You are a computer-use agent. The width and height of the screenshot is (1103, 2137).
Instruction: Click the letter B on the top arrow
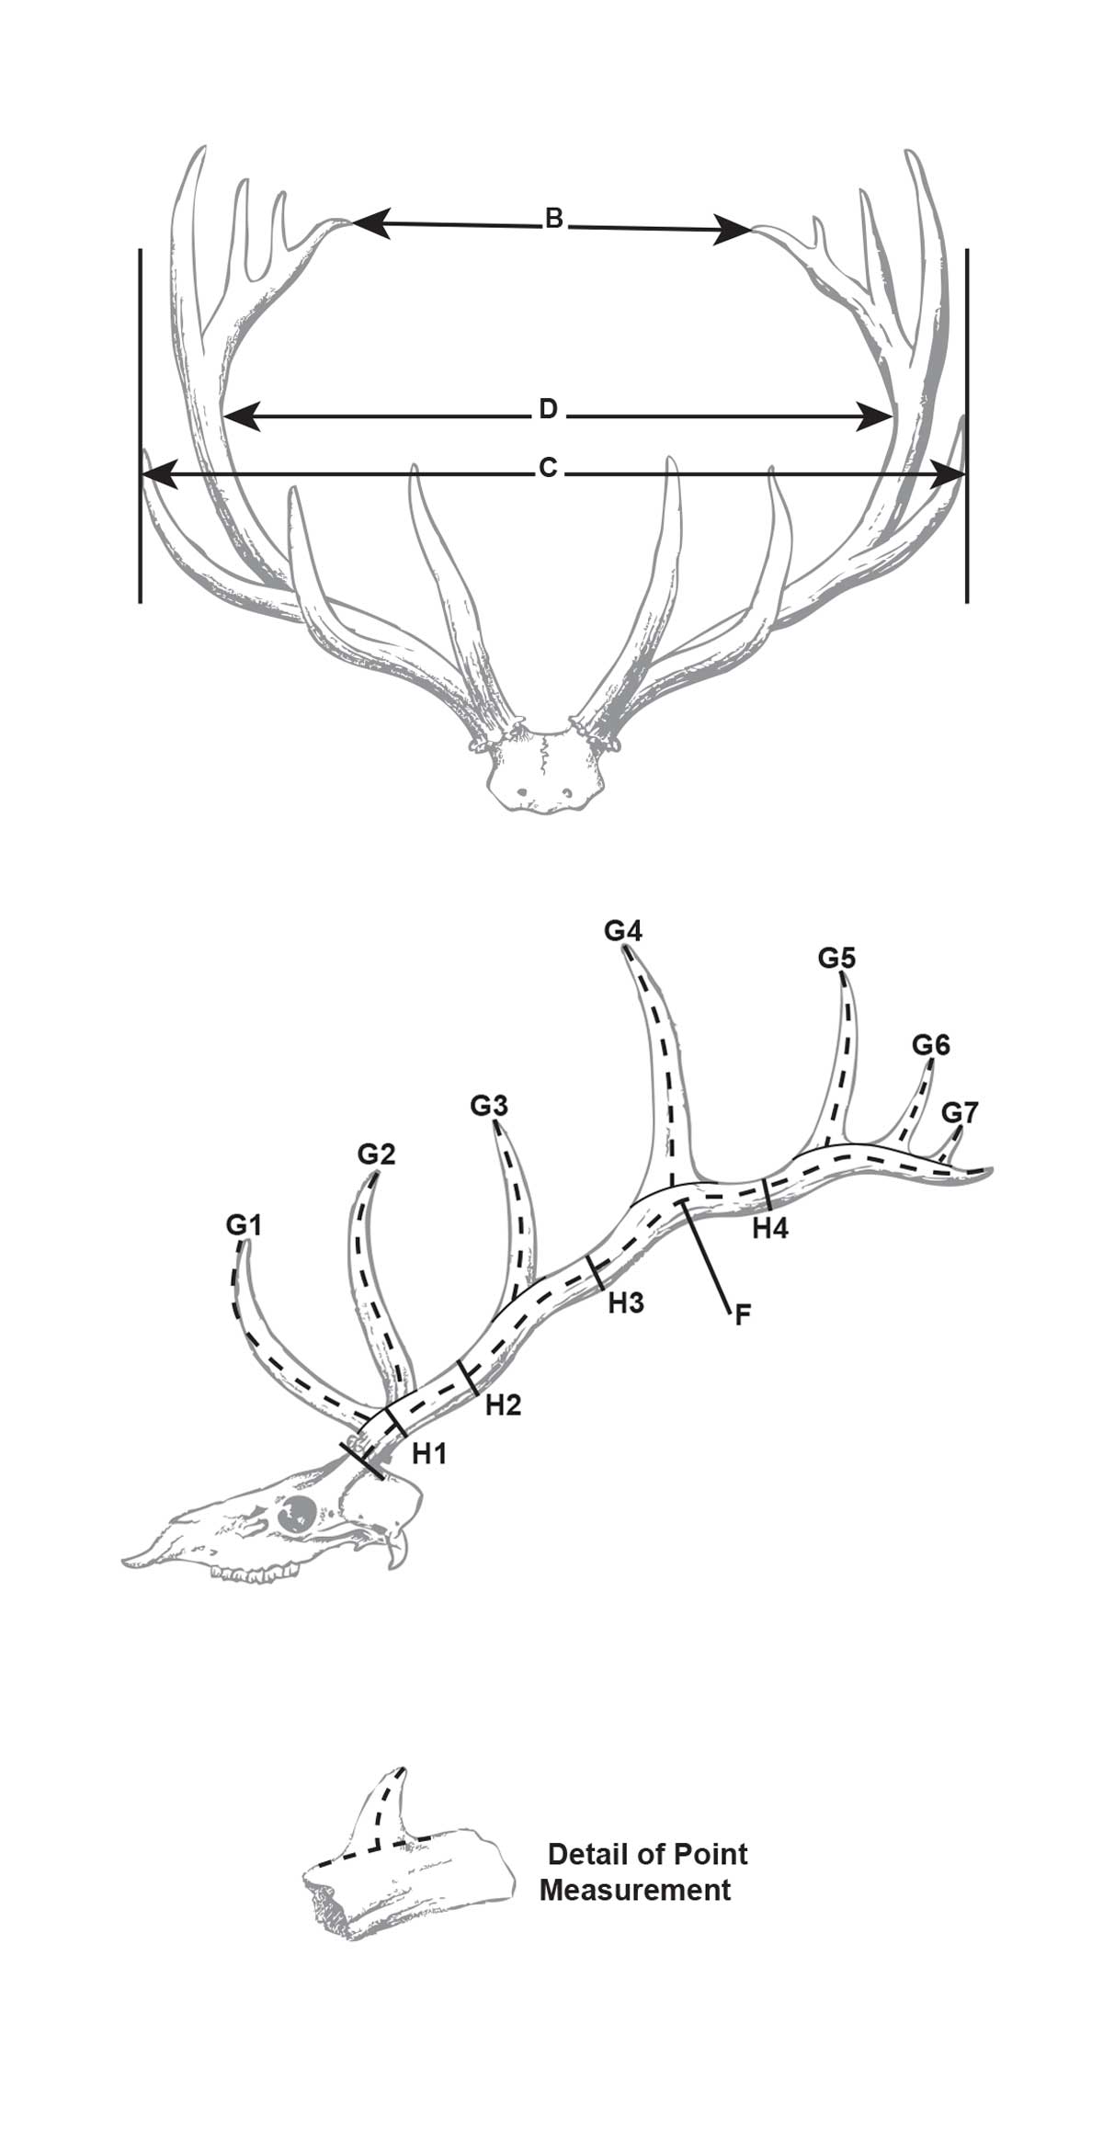(553, 219)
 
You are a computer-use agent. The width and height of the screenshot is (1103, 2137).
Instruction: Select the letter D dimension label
(548, 409)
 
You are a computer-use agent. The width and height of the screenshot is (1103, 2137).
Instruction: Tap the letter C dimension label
(548, 469)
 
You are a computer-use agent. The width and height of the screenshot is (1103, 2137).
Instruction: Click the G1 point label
(244, 1225)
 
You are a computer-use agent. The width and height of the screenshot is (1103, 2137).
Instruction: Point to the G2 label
(377, 1154)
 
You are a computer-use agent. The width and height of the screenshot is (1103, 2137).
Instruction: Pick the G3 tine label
(489, 1106)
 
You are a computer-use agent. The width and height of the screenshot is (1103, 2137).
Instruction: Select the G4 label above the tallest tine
(623, 931)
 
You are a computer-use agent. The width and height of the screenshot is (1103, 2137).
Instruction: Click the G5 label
(837, 959)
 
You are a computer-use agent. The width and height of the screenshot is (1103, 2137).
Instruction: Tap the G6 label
(931, 1045)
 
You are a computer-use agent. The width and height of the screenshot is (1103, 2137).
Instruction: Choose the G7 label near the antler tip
(961, 1112)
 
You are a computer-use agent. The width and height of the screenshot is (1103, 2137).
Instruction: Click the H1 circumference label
(429, 1453)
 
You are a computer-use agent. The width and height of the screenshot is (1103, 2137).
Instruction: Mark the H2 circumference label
(504, 1404)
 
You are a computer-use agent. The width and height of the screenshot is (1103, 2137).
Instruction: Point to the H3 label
(626, 1302)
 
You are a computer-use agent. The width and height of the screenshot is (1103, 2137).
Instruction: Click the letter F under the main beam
(743, 1315)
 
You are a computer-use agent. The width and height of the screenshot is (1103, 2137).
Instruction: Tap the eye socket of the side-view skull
(300, 1513)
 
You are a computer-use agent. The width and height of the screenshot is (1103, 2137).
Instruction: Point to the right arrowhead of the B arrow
(734, 229)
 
